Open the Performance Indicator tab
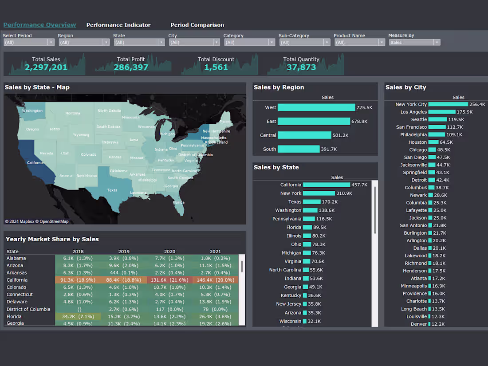118,25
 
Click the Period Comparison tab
197,25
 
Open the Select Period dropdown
29,42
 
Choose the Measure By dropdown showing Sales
414,42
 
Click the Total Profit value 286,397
131,67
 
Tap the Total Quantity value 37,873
301,67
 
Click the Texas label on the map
112,190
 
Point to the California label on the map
35,162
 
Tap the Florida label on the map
179,202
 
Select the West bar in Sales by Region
316,107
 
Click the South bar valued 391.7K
299,149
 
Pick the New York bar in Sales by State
319,193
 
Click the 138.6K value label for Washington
327,210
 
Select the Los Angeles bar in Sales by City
442,112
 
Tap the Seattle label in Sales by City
419,119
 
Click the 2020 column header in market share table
170,252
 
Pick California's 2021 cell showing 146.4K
215,280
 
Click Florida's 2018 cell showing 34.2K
78,316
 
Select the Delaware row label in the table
16,302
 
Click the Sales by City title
405,87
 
